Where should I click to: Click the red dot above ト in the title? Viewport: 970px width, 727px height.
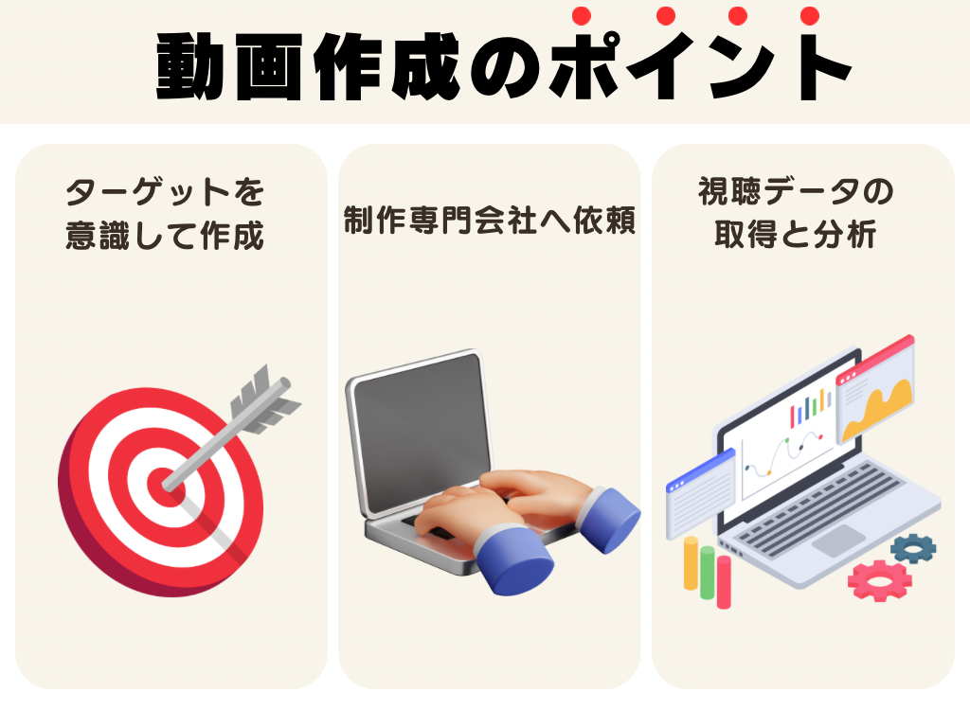click(x=809, y=15)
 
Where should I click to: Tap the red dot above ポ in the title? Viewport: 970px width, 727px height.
click(x=582, y=15)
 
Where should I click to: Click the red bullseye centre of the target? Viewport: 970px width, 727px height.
click(x=162, y=486)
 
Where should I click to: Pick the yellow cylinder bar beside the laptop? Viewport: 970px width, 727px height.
click(x=691, y=562)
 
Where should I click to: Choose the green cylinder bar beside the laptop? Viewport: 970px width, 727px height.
click(x=707, y=572)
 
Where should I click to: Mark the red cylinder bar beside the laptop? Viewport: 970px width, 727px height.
click(x=724, y=581)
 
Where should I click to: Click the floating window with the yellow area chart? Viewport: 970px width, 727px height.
click(x=875, y=388)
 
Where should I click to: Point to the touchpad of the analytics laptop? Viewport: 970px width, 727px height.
click(x=838, y=541)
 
